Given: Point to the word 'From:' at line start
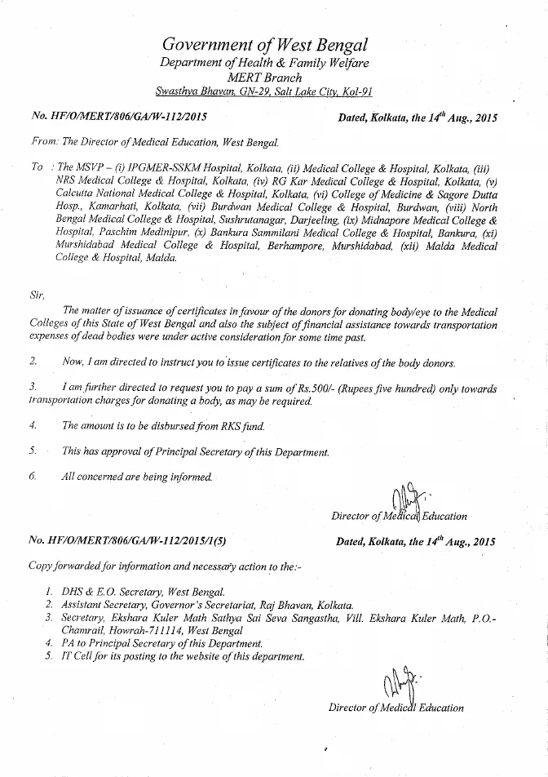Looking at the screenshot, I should click(46, 141).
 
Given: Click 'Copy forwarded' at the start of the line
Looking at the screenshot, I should click(60, 566).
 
